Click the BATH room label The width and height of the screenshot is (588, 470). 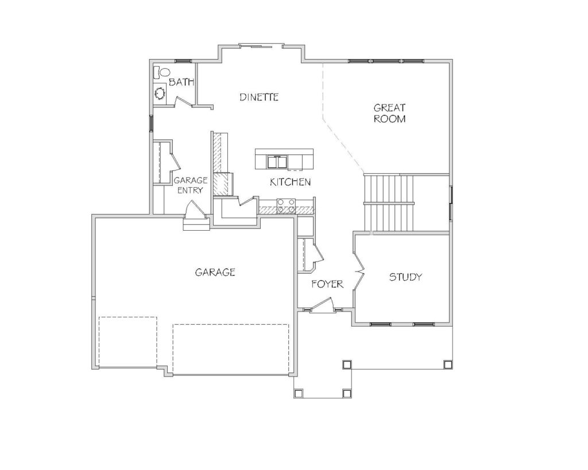(181, 82)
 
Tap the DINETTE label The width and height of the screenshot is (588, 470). (259, 97)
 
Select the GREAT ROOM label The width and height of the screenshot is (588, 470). (390, 113)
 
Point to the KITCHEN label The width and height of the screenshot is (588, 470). (290, 182)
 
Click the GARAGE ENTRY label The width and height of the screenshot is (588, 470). (191, 185)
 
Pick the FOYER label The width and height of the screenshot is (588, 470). (327, 284)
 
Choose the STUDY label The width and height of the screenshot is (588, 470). (405, 277)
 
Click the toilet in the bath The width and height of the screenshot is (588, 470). (162, 72)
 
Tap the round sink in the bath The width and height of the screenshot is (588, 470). (161, 93)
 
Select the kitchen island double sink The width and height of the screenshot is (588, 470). (277, 162)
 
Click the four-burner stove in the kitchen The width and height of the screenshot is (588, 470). (286, 207)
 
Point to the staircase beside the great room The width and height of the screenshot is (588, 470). (389, 203)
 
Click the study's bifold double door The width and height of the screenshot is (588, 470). (359, 270)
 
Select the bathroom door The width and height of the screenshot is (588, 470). (183, 101)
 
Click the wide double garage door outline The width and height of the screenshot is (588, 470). (231, 348)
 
